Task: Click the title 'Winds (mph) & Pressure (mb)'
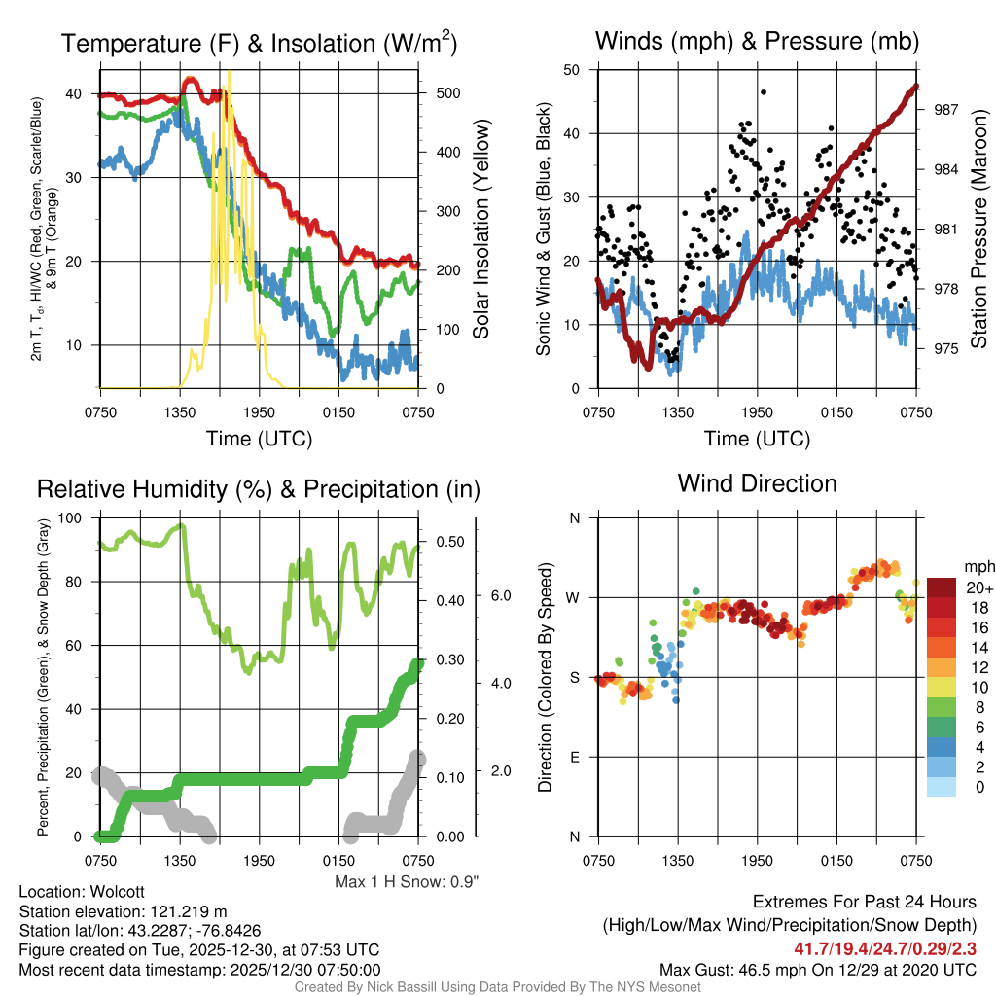pyautogui.click(x=757, y=41)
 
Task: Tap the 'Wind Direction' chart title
pyautogui.click(x=757, y=483)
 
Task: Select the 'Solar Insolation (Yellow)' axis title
pyautogui.click(x=480, y=230)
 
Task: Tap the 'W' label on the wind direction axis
pyautogui.click(x=575, y=597)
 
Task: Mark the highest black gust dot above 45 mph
pyautogui.click(x=764, y=92)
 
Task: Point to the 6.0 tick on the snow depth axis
pyautogui.click(x=500, y=594)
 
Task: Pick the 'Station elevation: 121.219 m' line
pyautogui.click(x=123, y=911)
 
